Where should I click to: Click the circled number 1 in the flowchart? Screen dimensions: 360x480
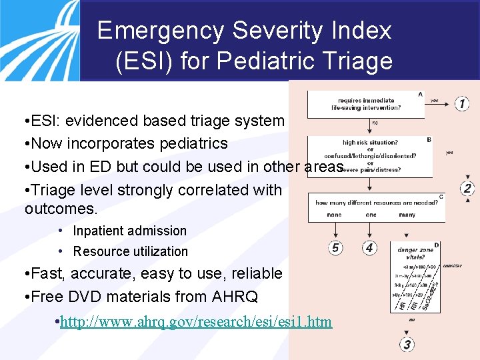coord(462,103)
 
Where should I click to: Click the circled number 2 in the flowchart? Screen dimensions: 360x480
coord(467,188)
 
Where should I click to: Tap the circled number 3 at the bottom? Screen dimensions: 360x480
coord(407,345)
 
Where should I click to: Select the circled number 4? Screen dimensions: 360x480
coord(369,248)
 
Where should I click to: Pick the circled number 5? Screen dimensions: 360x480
coord(336,248)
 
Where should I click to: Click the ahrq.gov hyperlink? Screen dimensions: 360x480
coord(196,322)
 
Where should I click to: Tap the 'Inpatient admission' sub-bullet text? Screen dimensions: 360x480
coord(130,231)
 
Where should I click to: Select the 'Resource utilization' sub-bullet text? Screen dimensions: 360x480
coord(131,251)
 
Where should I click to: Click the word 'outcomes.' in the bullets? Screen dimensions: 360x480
coord(61,209)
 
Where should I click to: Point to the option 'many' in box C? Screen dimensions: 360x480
coord(406,215)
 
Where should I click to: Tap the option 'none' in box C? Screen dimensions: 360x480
coord(334,215)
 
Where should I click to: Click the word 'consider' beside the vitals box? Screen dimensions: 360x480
coord(451,266)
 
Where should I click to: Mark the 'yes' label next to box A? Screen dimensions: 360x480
coord(435,101)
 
